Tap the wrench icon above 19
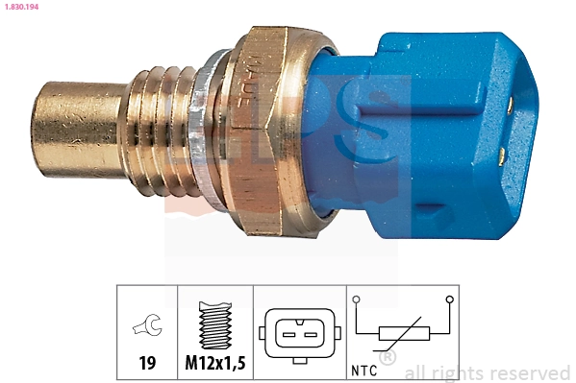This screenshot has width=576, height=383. click(x=147, y=327)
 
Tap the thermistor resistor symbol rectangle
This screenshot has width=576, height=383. click(x=403, y=332)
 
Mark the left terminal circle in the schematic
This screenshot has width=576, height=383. click(x=357, y=300)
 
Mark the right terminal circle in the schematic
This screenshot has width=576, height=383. click(x=449, y=300)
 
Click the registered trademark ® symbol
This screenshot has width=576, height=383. click(x=388, y=358)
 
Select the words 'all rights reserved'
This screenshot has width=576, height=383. click(x=487, y=372)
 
